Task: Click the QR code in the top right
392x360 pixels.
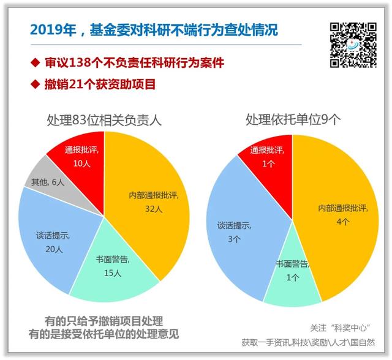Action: pos(353,45)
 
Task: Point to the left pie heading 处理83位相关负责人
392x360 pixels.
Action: pos(104,120)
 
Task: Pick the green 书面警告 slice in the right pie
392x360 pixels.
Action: pos(292,279)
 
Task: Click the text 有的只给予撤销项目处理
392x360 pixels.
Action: pos(105,320)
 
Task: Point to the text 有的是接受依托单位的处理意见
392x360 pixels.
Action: pos(105,334)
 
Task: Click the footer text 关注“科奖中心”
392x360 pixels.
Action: pos(345,328)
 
